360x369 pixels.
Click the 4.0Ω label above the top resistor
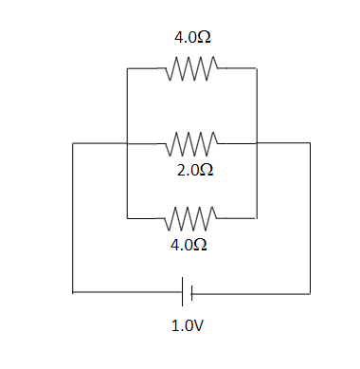[x=191, y=39]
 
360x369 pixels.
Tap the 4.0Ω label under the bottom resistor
[x=189, y=244]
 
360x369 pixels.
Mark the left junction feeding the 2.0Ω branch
[x=127, y=144]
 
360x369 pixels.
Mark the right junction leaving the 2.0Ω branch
[x=257, y=144]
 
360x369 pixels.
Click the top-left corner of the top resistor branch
[x=127, y=68]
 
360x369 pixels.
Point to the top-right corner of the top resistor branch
[x=257, y=68]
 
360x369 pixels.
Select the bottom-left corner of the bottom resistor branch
[x=127, y=218]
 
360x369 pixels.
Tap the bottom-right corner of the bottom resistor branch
[x=257, y=218]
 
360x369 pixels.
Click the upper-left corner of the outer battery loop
[x=73, y=144]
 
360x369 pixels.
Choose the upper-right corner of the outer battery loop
[x=310, y=144]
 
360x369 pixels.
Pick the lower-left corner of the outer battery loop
[x=73, y=292]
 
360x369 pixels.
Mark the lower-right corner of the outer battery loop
[x=310, y=292]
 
